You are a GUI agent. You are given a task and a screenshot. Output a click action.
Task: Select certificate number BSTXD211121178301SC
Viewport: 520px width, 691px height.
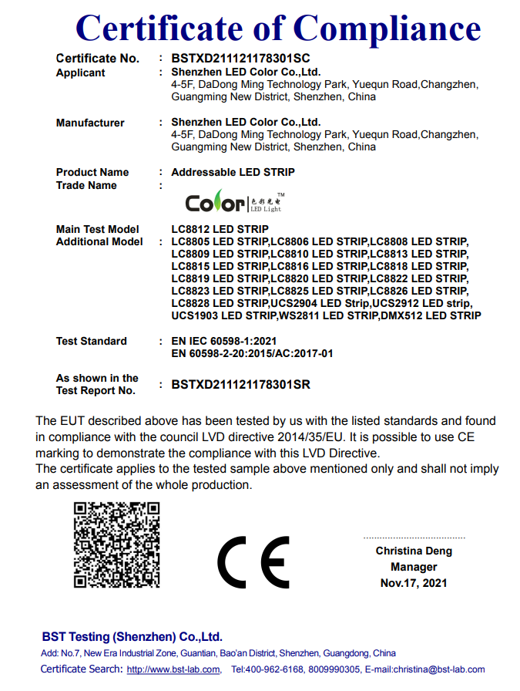[240, 59]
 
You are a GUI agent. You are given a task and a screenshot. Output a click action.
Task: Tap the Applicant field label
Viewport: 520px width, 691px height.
[80, 72]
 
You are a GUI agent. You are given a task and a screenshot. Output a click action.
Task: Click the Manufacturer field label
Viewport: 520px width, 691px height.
[90, 123]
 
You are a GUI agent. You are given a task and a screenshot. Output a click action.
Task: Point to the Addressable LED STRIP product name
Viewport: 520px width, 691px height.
[233, 172]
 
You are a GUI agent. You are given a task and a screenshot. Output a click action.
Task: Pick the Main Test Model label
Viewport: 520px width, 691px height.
[98, 229]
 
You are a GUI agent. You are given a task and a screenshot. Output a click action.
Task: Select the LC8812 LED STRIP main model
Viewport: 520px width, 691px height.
[220, 229]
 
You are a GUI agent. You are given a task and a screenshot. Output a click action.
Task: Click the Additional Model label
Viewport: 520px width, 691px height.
[99, 241]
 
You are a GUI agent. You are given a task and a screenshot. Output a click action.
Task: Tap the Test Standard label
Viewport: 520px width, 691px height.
[92, 341]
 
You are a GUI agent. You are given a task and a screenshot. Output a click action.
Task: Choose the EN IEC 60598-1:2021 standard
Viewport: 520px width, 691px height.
[223, 341]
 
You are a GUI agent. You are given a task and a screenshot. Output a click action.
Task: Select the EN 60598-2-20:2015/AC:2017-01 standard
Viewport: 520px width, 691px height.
[252, 353]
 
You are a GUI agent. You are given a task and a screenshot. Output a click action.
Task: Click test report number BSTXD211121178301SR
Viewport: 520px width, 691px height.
[240, 384]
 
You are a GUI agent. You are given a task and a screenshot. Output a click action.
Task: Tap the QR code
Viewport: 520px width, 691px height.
[116, 544]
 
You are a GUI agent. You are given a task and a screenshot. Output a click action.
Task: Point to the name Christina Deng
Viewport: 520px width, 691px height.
[414, 551]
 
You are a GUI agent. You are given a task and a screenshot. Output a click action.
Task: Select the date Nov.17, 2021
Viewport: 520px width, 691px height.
[414, 583]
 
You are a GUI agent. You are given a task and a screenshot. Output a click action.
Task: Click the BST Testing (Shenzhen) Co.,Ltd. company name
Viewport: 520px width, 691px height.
[132, 636]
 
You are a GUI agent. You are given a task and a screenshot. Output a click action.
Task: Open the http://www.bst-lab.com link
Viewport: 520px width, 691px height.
[173, 669]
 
